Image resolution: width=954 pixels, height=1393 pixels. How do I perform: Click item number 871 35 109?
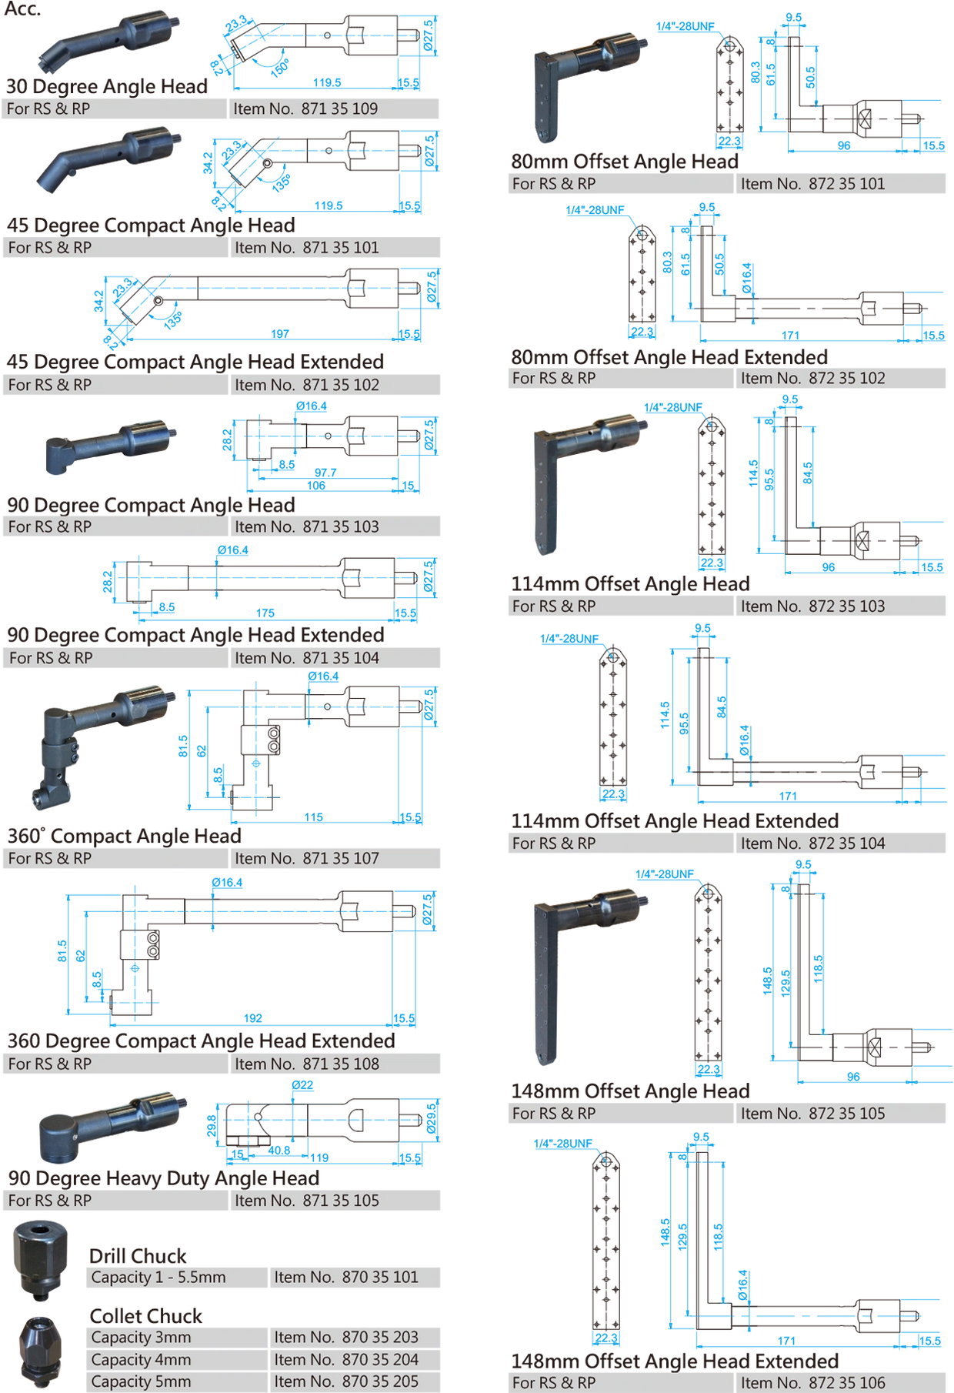point(305,109)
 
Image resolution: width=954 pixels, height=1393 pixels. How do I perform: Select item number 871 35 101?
point(307,247)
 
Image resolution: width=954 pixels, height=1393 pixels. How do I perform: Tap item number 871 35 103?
point(307,526)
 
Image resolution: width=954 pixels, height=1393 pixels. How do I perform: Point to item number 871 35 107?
point(307,858)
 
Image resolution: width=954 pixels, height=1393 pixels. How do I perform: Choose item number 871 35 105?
point(307,1201)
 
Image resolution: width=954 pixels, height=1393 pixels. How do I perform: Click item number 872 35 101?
point(812,183)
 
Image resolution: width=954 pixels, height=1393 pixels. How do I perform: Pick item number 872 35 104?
point(812,843)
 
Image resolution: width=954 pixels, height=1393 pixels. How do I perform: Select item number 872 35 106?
point(812,1383)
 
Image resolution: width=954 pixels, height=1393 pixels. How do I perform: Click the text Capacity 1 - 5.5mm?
point(158,1278)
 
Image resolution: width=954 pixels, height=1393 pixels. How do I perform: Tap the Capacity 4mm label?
point(141,1360)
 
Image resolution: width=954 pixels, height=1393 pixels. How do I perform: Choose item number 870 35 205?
point(346,1381)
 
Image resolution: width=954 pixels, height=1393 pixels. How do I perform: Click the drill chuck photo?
point(41,1261)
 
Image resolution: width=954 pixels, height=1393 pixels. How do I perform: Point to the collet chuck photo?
point(40,1351)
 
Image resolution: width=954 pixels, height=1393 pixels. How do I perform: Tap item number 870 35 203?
point(346,1338)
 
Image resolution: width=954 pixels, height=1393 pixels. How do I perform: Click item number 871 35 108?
point(307,1064)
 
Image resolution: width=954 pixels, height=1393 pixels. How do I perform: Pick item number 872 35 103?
point(812,606)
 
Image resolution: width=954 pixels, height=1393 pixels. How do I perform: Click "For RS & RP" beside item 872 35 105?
point(554,1114)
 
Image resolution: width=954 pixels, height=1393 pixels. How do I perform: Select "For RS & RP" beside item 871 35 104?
point(51,658)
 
